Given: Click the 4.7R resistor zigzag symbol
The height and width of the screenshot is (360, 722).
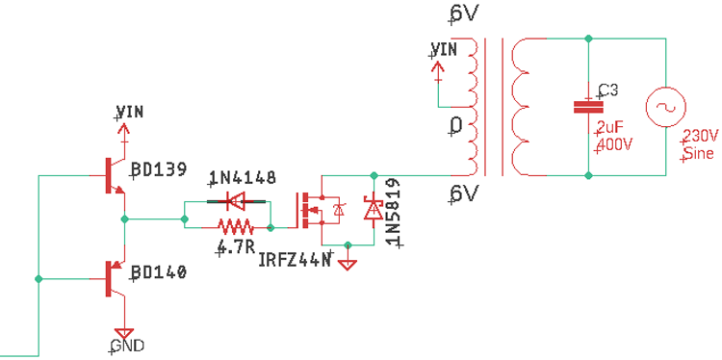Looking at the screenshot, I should point(235,227).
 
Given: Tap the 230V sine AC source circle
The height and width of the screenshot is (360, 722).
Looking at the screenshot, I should point(664,107).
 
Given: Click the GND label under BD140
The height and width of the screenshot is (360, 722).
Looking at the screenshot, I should point(127,345).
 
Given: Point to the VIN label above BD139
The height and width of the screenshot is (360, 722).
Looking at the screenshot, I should point(129,111).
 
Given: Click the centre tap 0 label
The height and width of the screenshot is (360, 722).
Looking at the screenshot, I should point(456,125).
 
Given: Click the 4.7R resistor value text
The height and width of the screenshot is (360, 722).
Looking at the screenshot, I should point(235,247).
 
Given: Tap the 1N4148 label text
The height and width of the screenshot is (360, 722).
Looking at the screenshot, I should point(243,178).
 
